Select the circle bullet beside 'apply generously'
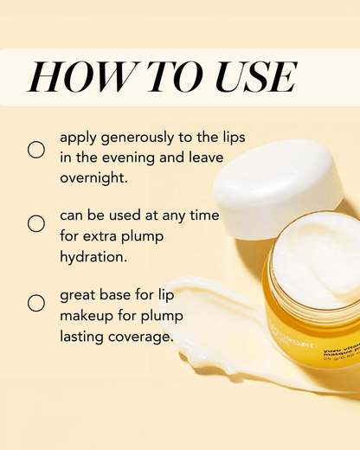click(36, 150)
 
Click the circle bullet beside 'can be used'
click(36, 223)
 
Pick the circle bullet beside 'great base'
click(36, 303)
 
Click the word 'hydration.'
click(94, 258)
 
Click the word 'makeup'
click(86, 314)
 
